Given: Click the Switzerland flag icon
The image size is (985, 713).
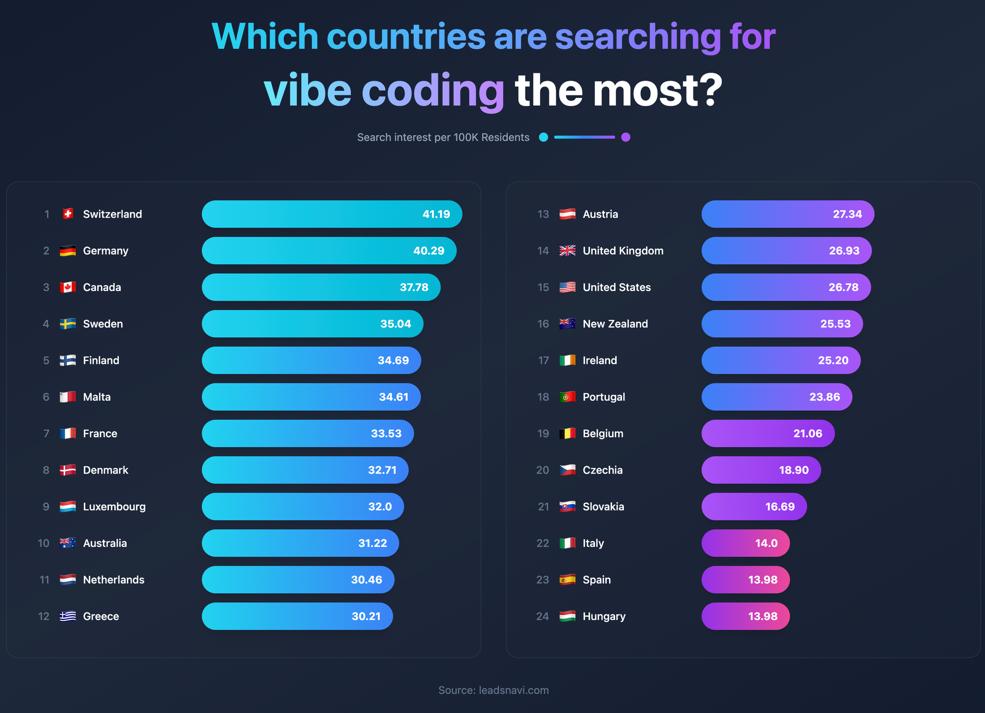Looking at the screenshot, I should coord(68,214).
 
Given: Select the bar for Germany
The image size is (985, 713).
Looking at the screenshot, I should coord(328,251).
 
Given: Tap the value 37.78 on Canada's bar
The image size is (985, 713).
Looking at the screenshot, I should coord(414,287).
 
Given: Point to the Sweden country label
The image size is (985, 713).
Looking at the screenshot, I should coord(103,324).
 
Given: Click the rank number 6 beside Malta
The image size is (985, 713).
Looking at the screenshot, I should coord(46,397).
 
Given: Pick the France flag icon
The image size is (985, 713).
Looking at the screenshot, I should coord(68,433).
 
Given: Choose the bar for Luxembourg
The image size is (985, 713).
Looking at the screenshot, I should coord(302,507).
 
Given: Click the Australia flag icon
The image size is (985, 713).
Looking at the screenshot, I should coord(68,543).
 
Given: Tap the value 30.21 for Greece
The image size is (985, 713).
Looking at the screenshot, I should coord(366,616).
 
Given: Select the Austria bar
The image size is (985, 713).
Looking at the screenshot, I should coord(788,214).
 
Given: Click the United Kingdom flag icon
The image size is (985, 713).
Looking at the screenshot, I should coord(567,251).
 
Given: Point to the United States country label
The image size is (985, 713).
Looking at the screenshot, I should coord(617,287).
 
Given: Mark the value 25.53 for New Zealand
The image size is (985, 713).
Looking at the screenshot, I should coord(835,324).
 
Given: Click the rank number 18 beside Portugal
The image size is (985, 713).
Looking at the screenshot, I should coord(543,397).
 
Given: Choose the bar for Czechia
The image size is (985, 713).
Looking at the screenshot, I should coord(761,470).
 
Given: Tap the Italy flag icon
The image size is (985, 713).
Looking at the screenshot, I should coord(567,543).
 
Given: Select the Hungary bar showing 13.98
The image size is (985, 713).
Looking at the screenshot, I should coord(745,616).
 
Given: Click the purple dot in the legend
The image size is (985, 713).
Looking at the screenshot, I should coord(625,137).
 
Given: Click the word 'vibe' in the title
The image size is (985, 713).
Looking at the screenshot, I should coord(307,91).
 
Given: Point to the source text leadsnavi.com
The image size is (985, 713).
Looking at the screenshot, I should coord(514,690).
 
